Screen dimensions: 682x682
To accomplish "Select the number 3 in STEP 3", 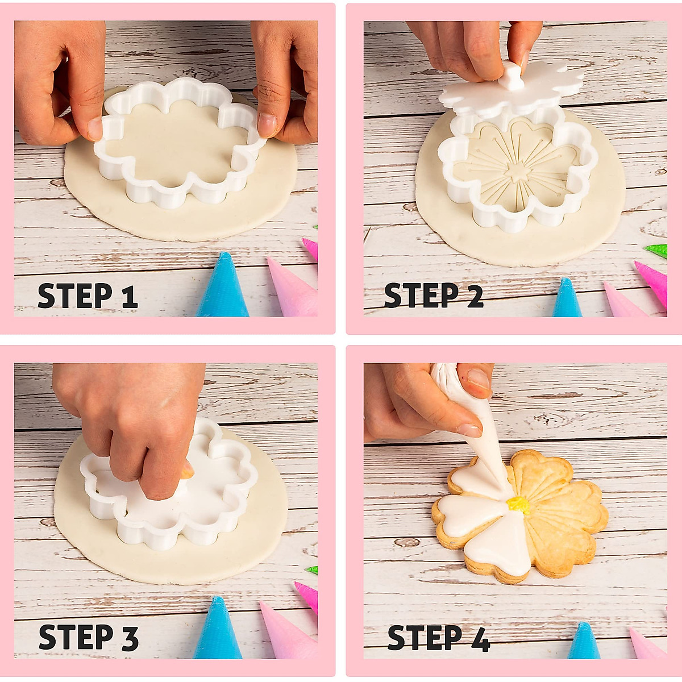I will (x=130, y=638).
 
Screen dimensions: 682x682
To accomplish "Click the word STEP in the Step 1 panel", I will (x=75, y=297).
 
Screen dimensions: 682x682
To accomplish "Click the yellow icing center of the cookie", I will (x=518, y=504).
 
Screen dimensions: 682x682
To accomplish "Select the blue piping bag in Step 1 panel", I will (x=223, y=287).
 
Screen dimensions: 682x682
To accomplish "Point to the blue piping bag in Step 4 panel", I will (x=583, y=642).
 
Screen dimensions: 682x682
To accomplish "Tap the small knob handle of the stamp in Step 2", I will (x=514, y=76).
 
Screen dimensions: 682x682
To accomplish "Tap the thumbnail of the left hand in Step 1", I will (x=94, y=128).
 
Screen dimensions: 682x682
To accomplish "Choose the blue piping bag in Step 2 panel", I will (x=567, y=300).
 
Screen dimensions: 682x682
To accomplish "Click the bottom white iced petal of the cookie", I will (x=499, y=546).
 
